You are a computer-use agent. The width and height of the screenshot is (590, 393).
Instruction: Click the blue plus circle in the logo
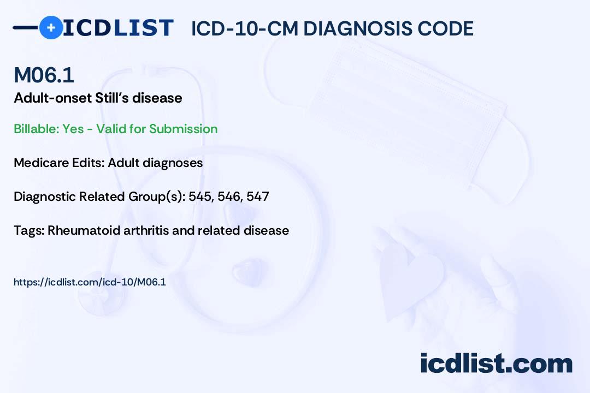[51, 27]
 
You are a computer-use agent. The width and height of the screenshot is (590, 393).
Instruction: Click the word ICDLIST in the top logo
[118, 28]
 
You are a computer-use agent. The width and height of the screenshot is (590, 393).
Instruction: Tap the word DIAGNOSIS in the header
[357, 29]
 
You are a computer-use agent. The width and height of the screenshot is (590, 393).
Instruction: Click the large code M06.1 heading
[44, 75]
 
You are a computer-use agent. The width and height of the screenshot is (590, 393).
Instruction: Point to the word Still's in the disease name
[111, 98]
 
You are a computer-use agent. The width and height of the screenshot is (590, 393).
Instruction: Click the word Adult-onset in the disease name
[52, 98]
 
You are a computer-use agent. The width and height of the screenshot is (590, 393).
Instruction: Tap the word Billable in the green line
[36, 129]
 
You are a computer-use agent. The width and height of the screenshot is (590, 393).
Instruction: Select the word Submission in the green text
[183, 129]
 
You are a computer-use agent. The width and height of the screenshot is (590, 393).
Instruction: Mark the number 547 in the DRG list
[258, 196]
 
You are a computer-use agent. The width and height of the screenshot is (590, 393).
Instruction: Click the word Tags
[29, 230]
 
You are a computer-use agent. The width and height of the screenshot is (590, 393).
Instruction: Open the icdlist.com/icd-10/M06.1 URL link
[90, 282]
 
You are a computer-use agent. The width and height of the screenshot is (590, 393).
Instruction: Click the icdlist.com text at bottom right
[496, 364]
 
